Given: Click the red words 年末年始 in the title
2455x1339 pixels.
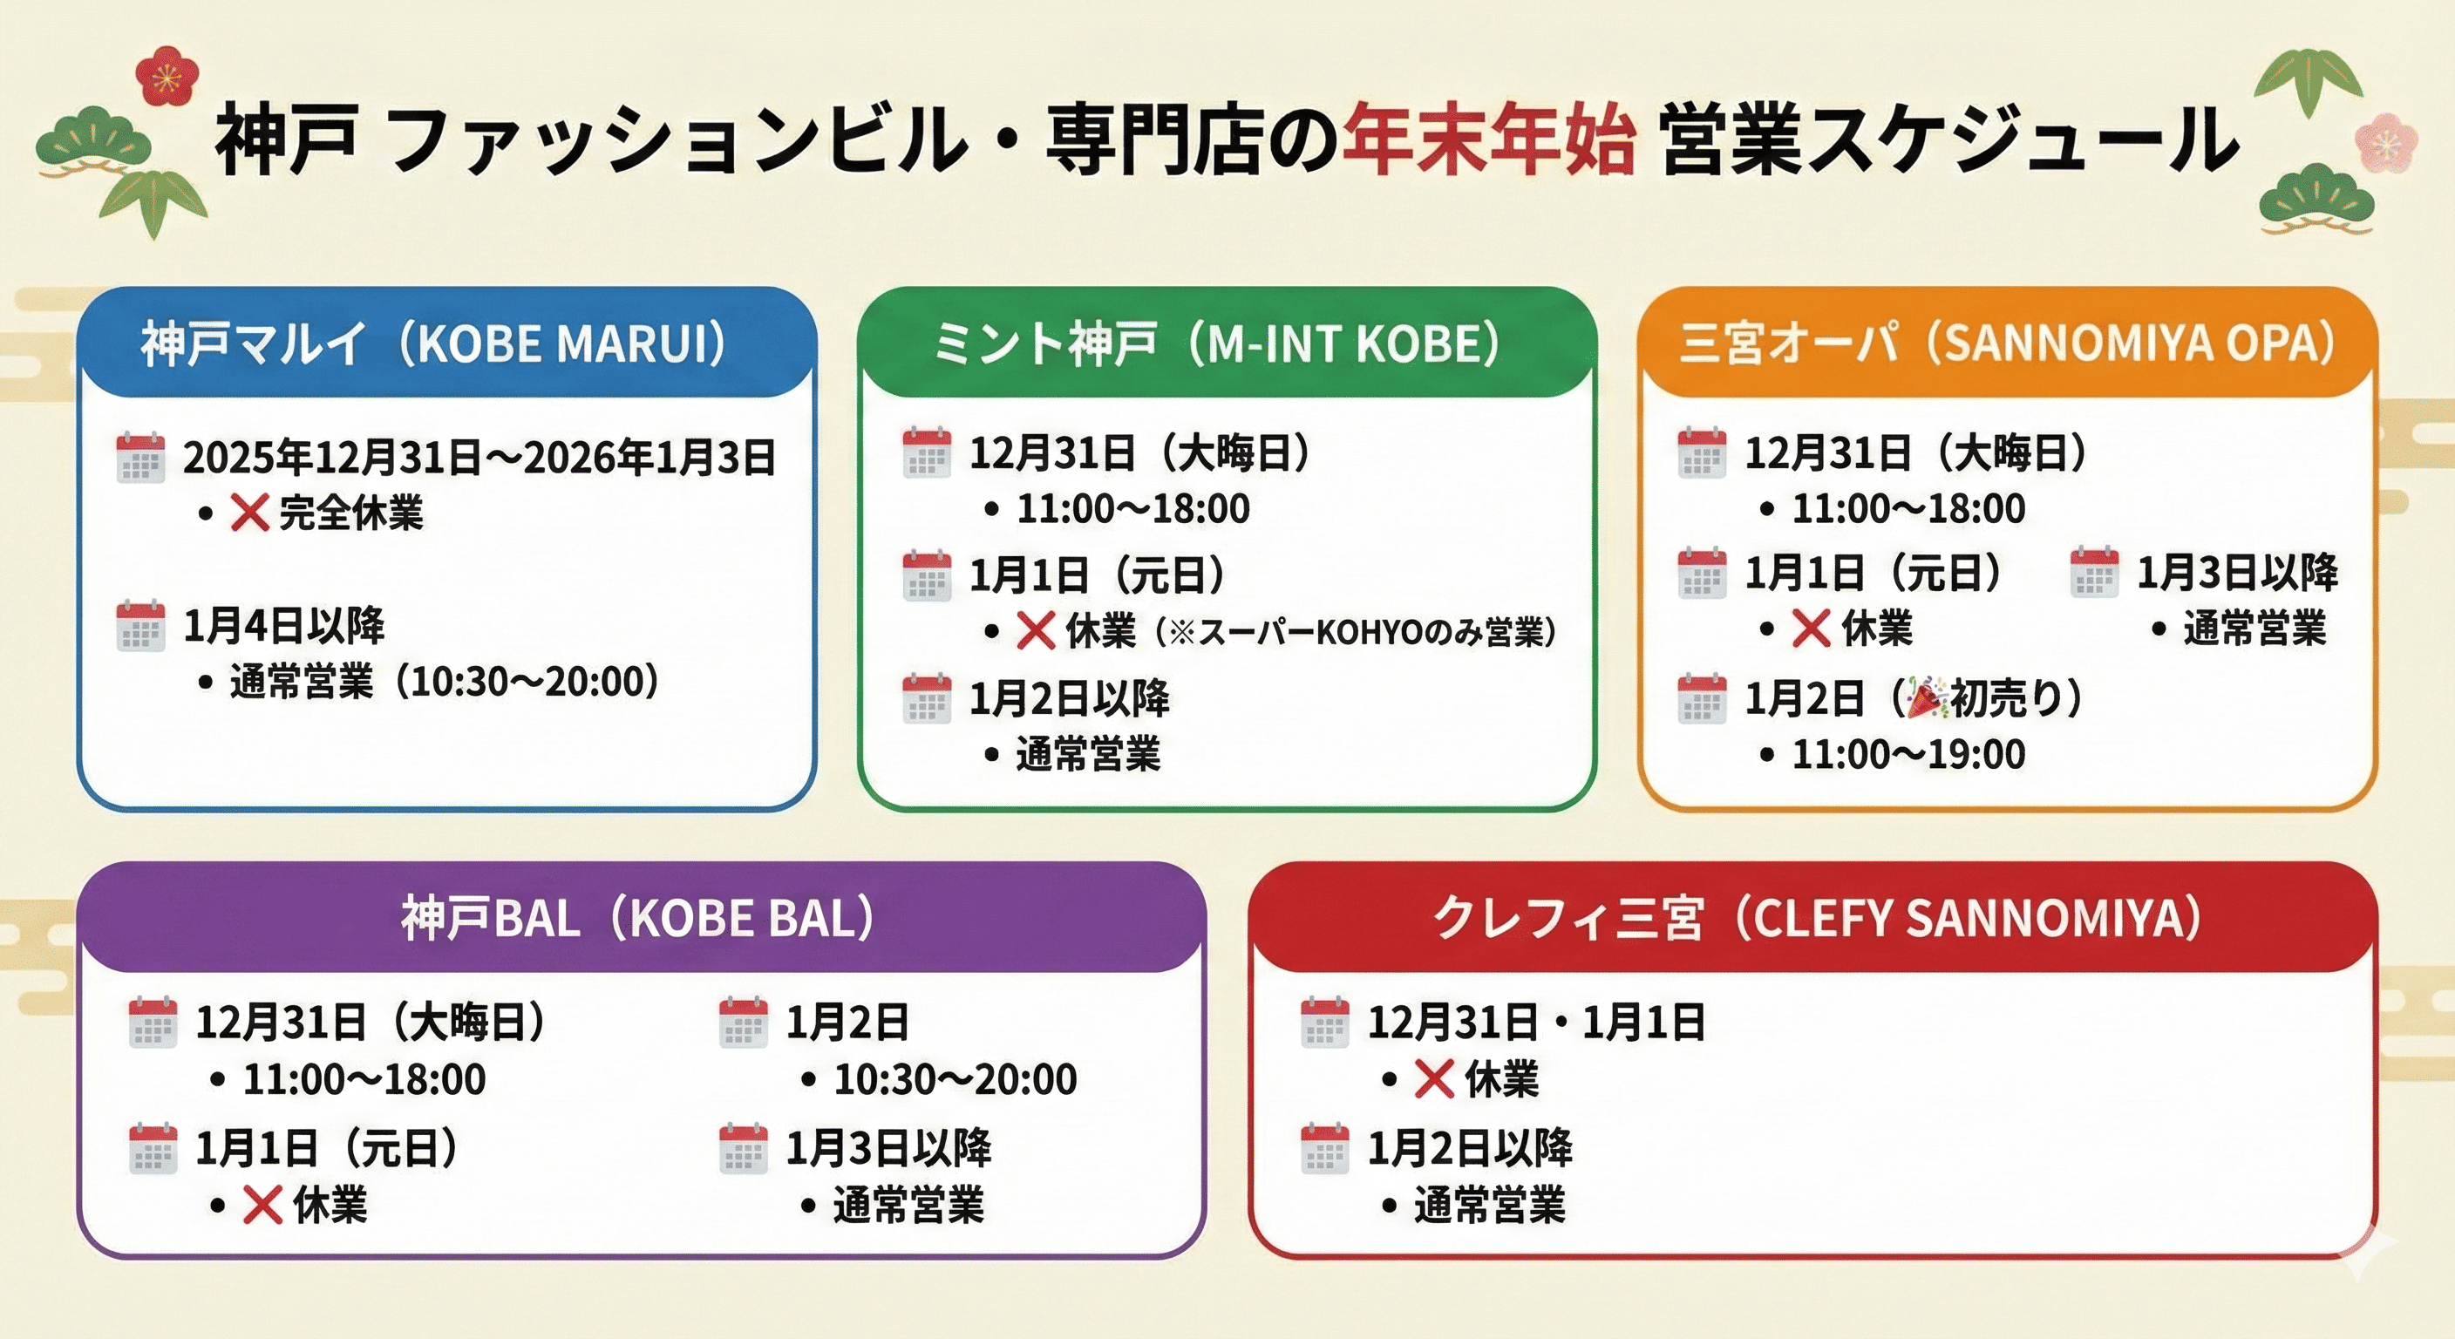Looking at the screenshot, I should [1489, 143].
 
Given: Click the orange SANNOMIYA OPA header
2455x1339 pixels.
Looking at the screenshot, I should [2007, 343].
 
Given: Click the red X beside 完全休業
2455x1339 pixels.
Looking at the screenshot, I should [248, 513].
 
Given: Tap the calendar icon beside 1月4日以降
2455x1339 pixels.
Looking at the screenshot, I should [140, 626].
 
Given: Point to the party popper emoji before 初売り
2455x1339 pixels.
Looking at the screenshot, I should [1925, 698].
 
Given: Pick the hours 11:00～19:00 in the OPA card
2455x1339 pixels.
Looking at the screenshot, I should [1908, 754].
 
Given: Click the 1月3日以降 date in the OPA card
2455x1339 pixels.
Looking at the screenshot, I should [2237, 573].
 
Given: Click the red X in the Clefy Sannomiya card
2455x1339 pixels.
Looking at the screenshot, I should [1433, 1079].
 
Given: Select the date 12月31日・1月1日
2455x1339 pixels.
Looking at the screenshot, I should [1536, 1023].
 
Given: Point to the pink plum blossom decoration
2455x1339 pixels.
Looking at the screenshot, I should [2385, 144].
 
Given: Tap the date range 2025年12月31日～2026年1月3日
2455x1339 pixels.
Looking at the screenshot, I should [479, 459].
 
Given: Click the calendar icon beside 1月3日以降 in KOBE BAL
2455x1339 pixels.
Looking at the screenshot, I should [744, 1147].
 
